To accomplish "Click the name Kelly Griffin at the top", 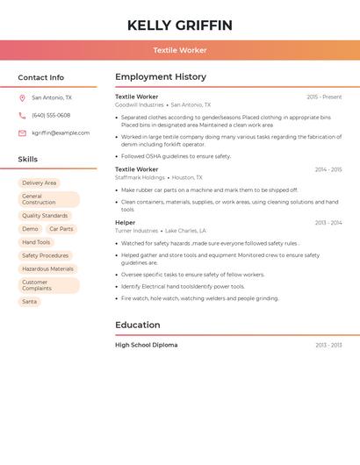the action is click(x=180, y=25).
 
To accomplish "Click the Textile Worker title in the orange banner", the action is click(x=180, y=50).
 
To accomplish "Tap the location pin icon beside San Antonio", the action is click(x=22, y=97).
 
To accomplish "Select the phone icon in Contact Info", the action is click(x=22, y=115).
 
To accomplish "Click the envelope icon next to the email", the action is click(x=22, y=133).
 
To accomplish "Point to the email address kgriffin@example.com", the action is click(x=61, y=133).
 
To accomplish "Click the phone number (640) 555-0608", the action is click(x=51, y=115).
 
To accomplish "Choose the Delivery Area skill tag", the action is click(x=40, y=183).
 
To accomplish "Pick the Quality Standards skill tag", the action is click(x=45, y=216).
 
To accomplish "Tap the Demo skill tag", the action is click(x=31, y=229).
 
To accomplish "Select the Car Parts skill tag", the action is click(x=61, y=229).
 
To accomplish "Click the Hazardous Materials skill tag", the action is click(x=48, y=269).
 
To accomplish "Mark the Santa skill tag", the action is click(x=30, y=302).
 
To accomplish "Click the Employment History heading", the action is click(x=161, y=77).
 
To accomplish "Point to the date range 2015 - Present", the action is click(x=324, y=97).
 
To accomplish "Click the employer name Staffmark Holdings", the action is click(x=140, y=177).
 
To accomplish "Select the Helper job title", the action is click(x=126, y=223).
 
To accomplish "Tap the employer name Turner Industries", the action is click(x=136, y=231).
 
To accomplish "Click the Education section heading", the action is click(x=137, y=325).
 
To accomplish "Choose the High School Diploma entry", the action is click(x=146, y=345).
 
